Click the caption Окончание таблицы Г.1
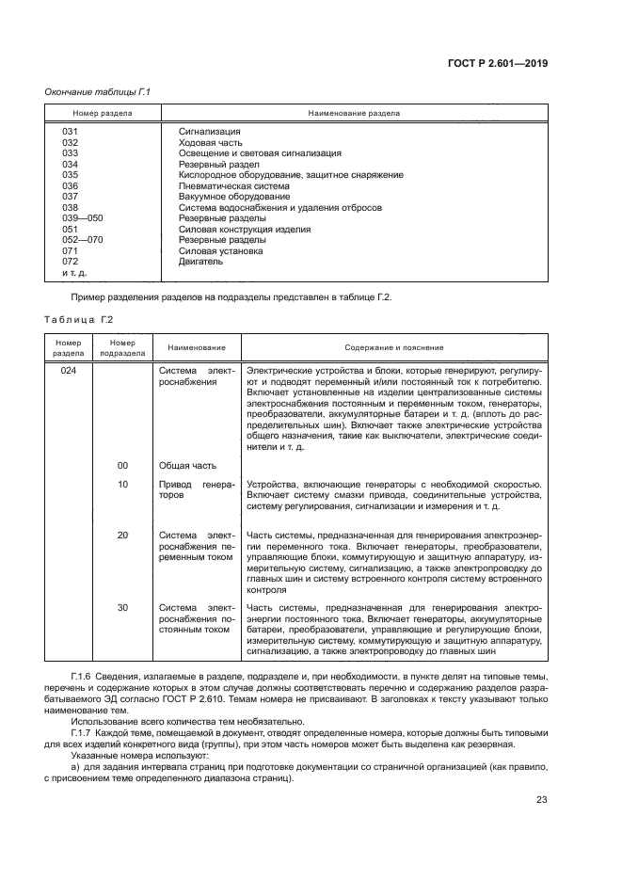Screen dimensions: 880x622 click(98, 91)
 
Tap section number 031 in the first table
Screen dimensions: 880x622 click(70, 132)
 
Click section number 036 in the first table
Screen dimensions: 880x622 click(70, 185)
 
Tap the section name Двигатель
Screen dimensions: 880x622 click(200, 262)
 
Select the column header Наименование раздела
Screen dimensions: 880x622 click(354, 113)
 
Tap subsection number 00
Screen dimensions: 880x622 click(122, 465)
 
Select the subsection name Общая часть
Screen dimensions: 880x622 click(187, 465)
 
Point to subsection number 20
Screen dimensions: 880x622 click(122, 535)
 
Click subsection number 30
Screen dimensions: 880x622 click(122, 608)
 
